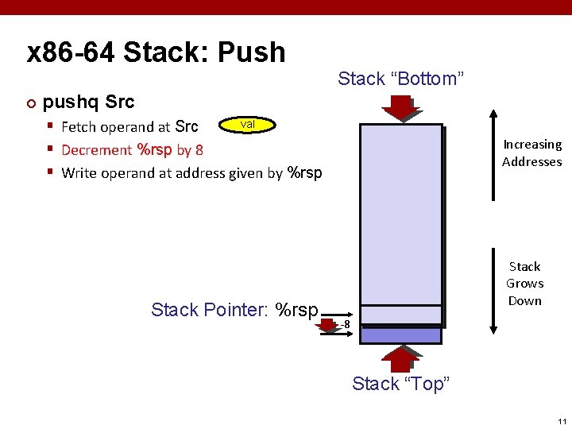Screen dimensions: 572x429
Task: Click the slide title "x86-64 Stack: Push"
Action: (x=156, y=52)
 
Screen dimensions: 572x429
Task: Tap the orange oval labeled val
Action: (x=247, y=125)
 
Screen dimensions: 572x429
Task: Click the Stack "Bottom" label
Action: (x=400, y=79)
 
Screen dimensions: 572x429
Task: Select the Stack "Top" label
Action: (x=400, y=384)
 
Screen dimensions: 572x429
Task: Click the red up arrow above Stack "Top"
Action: (x=400, y=358)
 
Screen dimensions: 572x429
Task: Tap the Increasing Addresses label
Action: (x=531, y=153)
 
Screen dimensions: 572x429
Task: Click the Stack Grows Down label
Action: (x=524, y=284)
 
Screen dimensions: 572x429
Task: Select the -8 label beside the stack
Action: (x=343, y=324)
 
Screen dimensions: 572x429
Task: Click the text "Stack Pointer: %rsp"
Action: (x=234, y=310)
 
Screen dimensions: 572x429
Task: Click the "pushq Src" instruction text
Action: (x=88, y=102)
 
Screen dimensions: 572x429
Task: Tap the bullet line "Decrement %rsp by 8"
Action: (x=132, y=149)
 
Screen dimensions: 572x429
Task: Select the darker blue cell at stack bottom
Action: (x=400, y=334)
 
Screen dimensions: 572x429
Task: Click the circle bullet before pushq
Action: (x=31, y=103)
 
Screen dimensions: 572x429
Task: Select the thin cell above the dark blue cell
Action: (x=400, y=315)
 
